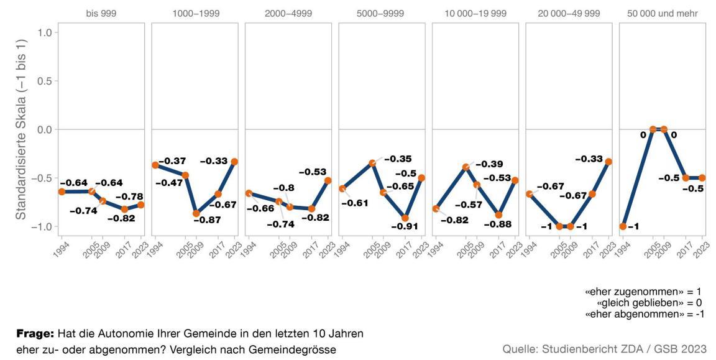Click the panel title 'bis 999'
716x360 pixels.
101,13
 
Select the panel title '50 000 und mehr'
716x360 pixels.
663,13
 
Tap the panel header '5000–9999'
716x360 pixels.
382,13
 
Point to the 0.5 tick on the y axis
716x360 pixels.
42,81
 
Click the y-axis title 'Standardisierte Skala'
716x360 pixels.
21,129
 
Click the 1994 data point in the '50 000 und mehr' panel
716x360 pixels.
623,226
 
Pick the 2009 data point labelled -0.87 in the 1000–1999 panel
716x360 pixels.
196,214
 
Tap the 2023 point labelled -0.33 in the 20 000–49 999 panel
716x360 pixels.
609,162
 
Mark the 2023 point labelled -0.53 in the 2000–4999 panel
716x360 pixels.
328,181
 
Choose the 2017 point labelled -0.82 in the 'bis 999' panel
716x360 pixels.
124,209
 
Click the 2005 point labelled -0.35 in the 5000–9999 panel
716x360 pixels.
372,164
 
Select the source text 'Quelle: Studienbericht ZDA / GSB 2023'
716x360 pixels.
604,349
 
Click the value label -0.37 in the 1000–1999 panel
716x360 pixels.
172,162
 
